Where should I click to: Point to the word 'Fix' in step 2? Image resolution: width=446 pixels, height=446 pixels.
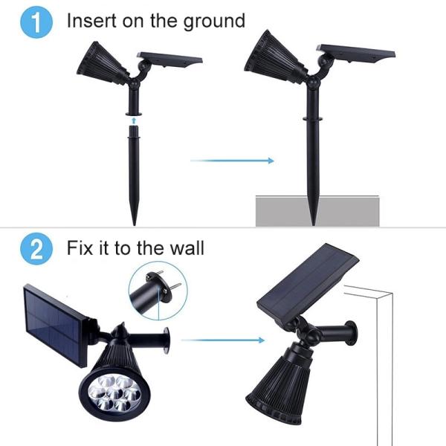80,247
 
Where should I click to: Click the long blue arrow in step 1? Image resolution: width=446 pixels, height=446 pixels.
232,160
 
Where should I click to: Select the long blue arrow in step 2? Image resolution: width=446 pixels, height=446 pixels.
222,340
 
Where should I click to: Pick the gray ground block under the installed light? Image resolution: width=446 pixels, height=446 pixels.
317,211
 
